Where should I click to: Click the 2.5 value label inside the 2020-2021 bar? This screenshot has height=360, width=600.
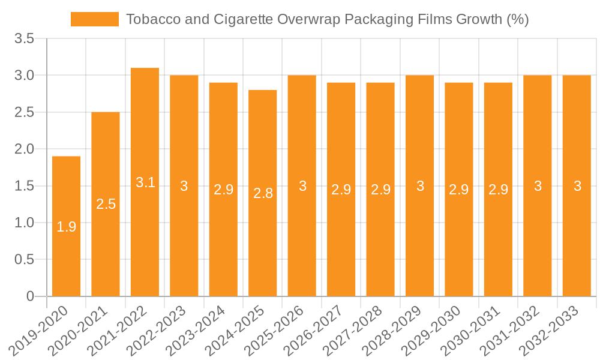click(106, 204)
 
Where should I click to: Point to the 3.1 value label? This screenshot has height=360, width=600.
click(145, 182)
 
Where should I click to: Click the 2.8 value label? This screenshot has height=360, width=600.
click(263, 193)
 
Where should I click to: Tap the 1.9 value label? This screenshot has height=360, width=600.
click(66, 227)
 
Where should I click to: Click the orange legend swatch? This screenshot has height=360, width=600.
click(95, 19)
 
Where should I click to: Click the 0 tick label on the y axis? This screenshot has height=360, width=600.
click(31, 296)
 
